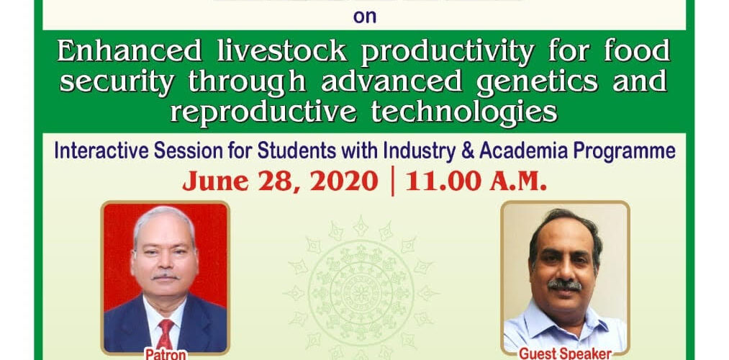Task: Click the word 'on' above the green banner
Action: pos(364,17)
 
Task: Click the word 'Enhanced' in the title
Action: pos(130,50)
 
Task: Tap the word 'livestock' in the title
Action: pos(282,50)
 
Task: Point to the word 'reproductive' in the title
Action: pos(263,112)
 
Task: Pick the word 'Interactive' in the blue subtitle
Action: pos(101,150)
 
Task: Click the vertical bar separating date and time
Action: pos(393,181)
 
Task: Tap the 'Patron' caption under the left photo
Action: pos(166,354)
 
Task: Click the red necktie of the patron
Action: pos(166,332)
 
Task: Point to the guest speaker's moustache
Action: pos(564,284)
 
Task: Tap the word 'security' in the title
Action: pos(117,83)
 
